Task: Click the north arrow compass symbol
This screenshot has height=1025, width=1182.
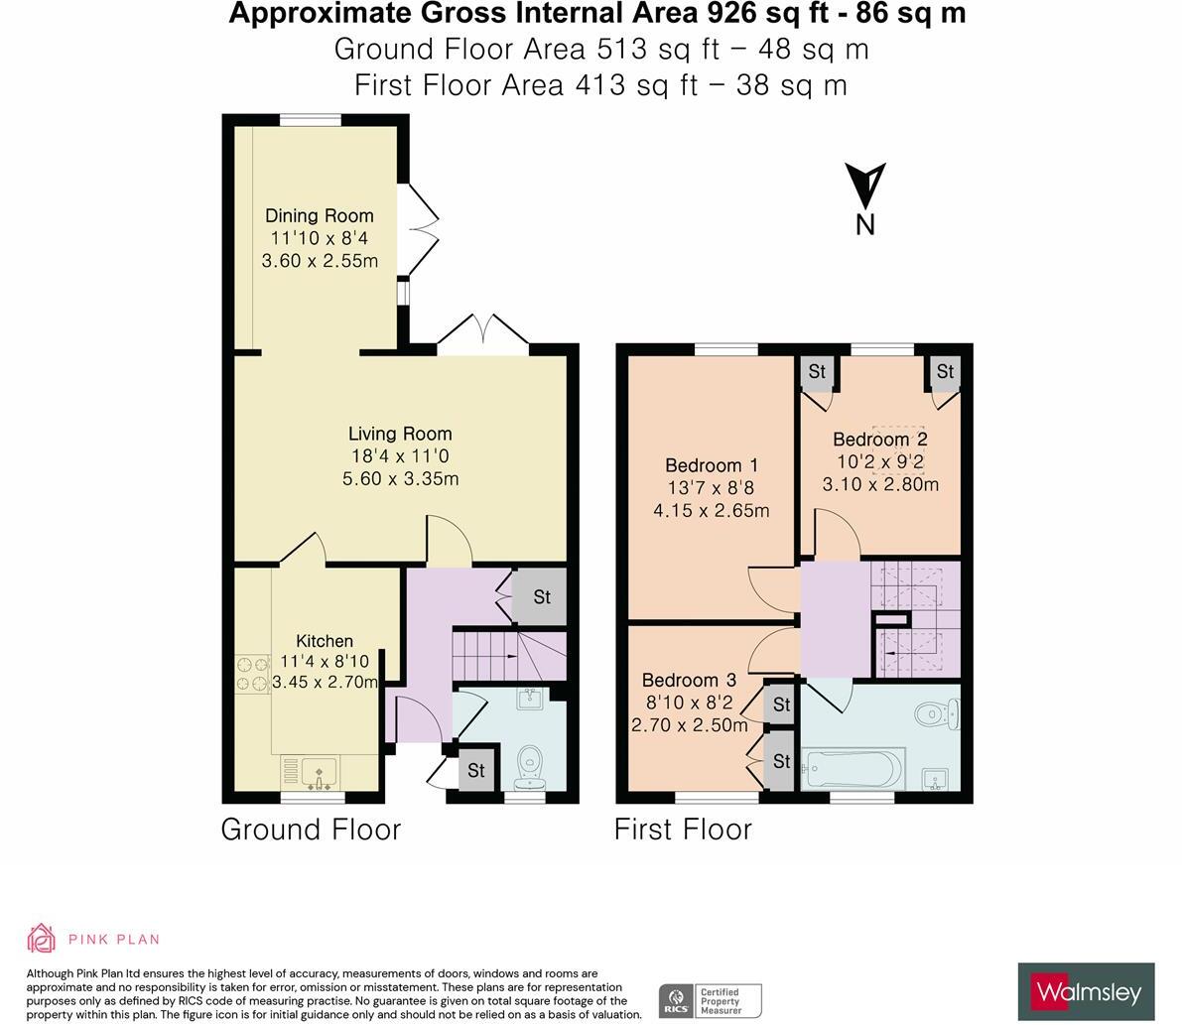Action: click(x=864, y=187)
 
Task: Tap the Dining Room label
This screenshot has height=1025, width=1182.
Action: click(x=319, y=215)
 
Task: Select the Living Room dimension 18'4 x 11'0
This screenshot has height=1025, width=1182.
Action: click(x=400, y=456)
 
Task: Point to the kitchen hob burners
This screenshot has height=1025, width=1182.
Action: click(x=253, y=673)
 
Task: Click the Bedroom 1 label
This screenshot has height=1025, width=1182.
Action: click(x=712, y=465)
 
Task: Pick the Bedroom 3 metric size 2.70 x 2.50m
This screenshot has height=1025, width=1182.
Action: click(x=690, y=725)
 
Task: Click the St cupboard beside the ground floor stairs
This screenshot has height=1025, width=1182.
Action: click(x=541, y=597)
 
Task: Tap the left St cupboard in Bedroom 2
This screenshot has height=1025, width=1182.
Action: click(x=816, y=372)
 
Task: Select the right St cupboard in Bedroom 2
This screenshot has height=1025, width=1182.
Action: click(x=944, y=372)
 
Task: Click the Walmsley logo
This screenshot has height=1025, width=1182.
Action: click(x=1087, y=991)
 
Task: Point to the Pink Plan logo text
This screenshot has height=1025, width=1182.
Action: click(x=113, y=939)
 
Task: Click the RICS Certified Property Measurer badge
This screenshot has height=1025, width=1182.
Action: click(x=710, y=1000)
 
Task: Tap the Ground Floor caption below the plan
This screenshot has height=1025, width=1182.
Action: click(x=311, y=830)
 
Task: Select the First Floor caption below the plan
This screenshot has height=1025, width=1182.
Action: click(x=683, y=830)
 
